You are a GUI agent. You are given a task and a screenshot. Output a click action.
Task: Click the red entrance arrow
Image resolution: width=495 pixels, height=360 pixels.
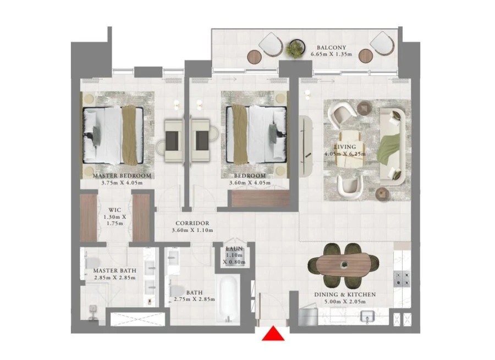tap(273, 334)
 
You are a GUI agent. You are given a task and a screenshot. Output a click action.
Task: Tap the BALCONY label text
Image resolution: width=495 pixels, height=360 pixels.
tap(331, 47)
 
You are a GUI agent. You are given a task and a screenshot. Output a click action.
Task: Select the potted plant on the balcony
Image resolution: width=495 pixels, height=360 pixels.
tap(295, 49)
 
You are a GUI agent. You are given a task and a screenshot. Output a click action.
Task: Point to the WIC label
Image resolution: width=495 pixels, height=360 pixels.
tap(115, 209)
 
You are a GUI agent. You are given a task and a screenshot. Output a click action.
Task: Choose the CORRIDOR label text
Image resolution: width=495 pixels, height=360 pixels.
tap(192, 223)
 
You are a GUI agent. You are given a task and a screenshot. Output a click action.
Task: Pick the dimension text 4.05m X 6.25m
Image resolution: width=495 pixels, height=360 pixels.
tap(345, 154)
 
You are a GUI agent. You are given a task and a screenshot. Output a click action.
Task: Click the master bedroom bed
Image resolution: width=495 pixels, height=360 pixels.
tap(113, 135)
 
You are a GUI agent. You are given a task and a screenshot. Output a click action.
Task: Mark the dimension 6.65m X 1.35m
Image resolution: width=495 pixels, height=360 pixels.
tap(331, 55)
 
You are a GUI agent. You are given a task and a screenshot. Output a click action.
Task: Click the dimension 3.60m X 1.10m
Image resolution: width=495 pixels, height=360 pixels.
tap(192, 231)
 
